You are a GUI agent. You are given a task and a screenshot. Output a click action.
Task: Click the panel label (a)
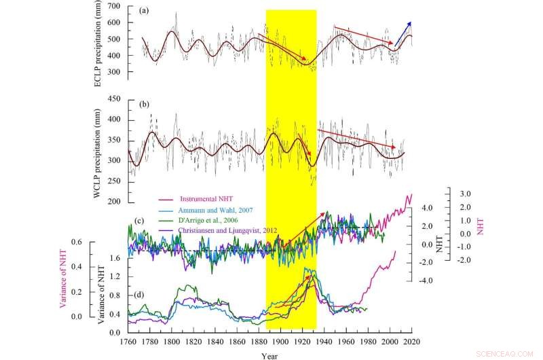[145, 12]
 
